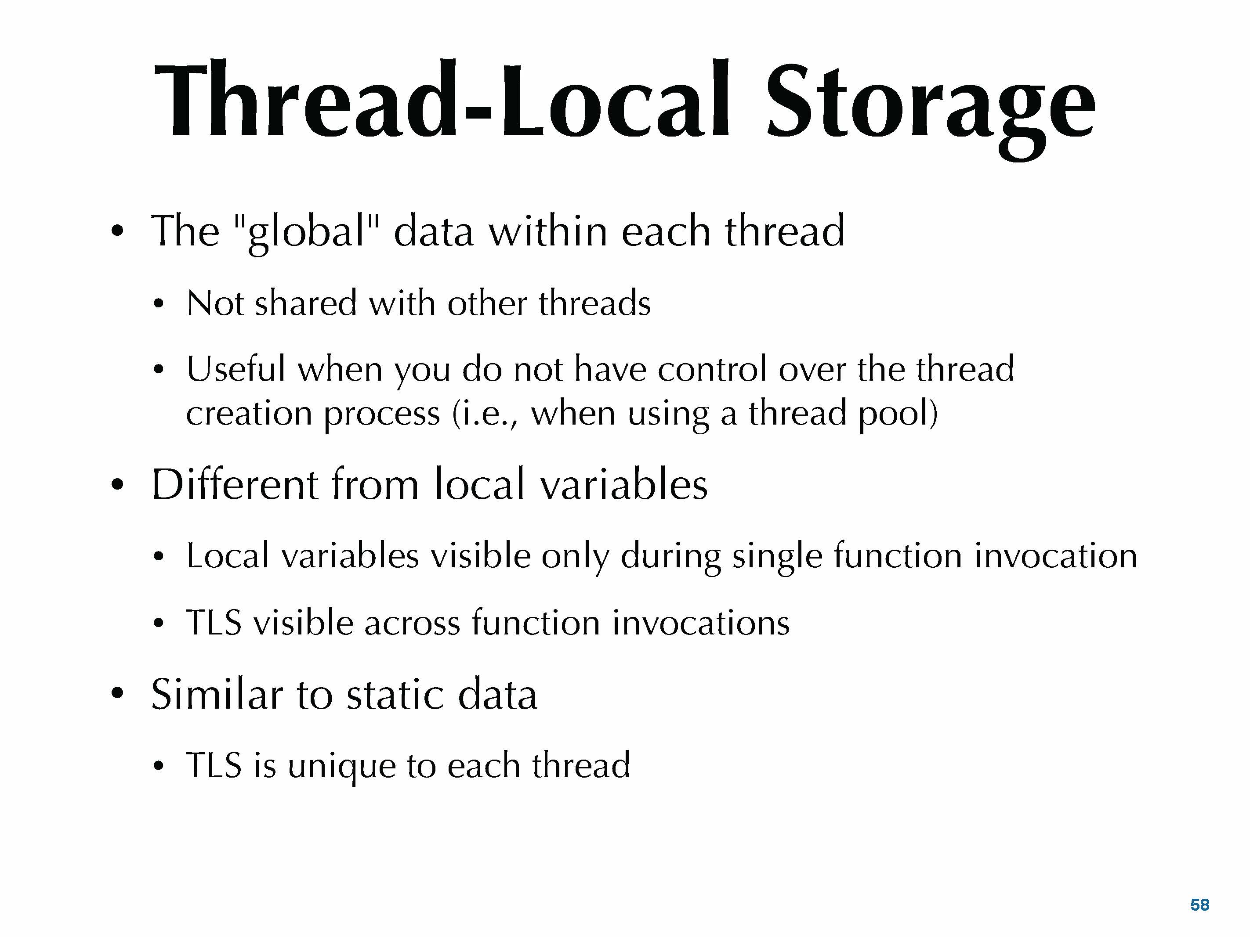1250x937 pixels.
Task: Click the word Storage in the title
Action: click(931, 107)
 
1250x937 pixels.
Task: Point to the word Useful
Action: click(236, 368)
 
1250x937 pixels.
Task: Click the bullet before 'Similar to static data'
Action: click(117, 694)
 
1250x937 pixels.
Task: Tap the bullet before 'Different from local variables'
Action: click(117, 485)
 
